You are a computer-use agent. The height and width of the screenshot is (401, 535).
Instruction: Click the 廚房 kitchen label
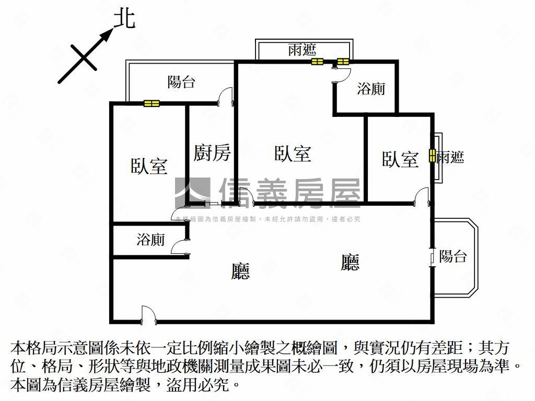212,152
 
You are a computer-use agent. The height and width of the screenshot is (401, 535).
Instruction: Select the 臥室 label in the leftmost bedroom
149,166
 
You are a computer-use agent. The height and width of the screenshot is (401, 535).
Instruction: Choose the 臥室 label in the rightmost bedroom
400,159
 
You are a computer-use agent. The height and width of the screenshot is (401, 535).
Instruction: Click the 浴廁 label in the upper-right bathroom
371,89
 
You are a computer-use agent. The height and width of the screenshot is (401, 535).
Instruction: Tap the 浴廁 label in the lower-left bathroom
151,239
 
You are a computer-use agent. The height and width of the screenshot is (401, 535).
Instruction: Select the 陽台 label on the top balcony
181,82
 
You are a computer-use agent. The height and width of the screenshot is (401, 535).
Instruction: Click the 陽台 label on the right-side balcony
453,256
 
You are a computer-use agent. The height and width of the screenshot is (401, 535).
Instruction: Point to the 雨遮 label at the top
303,50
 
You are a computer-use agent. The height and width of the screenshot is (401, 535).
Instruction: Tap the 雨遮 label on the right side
450,157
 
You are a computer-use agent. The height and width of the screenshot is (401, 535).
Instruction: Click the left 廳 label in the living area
240,271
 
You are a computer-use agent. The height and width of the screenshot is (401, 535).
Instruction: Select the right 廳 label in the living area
350,262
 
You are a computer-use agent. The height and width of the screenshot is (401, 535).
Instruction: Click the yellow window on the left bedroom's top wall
152,103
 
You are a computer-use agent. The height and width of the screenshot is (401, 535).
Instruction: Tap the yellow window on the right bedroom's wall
432,156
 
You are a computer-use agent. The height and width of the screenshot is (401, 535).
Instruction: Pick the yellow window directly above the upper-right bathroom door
343,62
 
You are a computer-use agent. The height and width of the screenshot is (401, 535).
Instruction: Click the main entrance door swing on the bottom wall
148,314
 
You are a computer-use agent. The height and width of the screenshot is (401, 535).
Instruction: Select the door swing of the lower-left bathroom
179,246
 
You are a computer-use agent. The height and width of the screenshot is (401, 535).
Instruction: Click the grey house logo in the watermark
193,193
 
